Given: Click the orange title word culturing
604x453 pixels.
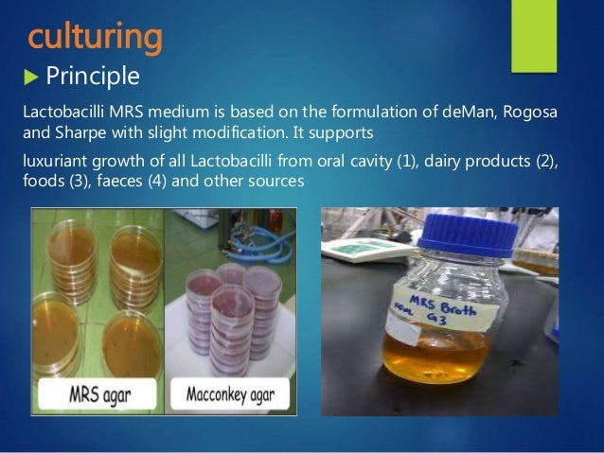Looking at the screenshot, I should (x=95, y=37).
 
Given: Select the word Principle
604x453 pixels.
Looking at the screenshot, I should (x=94, y=75).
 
